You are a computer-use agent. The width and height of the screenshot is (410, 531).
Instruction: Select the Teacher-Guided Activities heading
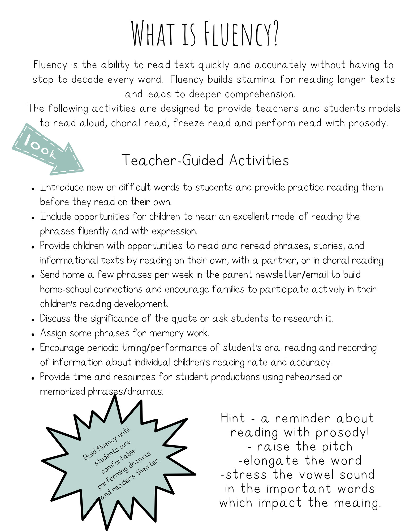point(205,160)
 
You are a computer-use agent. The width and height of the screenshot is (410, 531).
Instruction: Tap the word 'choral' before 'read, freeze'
point(126,123)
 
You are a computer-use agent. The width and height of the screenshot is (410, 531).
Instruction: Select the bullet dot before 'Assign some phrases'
point(33,334)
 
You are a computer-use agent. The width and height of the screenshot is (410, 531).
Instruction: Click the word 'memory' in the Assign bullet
point(167,333)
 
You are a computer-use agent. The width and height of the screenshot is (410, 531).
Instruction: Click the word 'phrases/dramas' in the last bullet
point(125,392)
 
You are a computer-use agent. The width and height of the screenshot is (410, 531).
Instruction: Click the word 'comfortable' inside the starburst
point(118,461)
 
